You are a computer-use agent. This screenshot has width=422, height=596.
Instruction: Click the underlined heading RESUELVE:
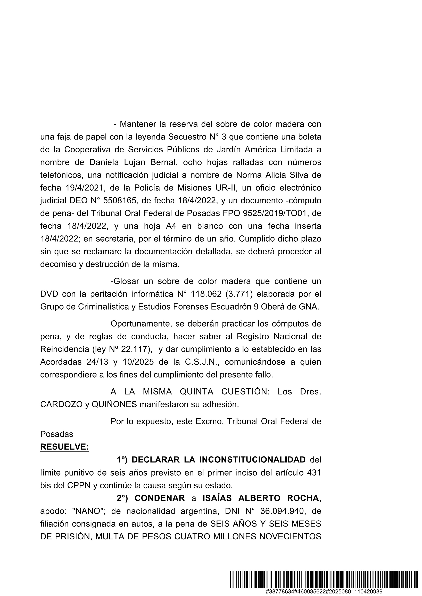[64, 447]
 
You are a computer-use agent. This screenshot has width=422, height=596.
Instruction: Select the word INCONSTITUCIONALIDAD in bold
[253, 460]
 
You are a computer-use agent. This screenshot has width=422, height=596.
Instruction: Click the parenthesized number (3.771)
[242, 294]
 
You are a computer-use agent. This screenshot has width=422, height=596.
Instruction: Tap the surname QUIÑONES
[114, 404]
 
